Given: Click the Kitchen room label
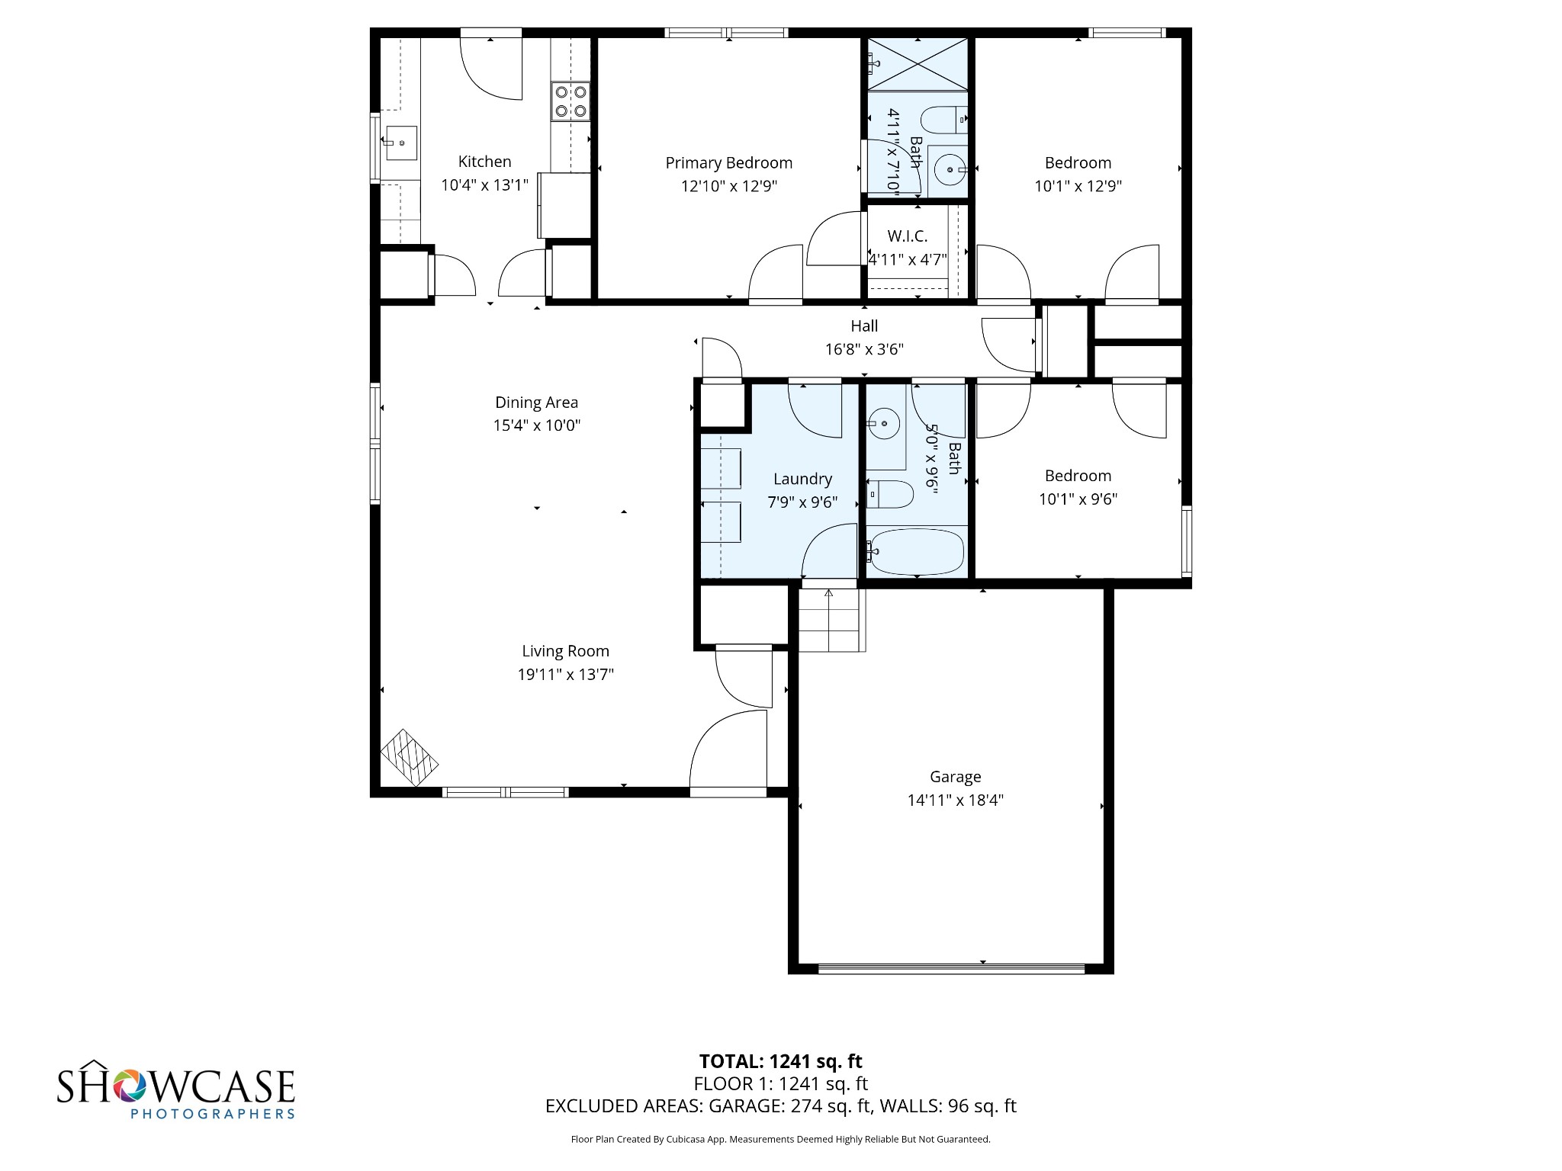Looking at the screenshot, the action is click(484, 162).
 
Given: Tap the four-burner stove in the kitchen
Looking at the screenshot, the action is click(571, 101).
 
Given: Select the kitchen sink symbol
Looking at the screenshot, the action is click(400, 143).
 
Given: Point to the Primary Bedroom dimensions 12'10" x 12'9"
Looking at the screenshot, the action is click(728, 186).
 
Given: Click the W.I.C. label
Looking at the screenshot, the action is click(907, 236).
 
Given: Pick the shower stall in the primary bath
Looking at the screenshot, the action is click(918, 64).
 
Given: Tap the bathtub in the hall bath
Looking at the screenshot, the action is click(916, 551).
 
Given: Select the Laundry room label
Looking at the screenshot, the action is click(802, 480).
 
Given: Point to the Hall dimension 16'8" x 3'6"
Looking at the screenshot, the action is click(864, 349).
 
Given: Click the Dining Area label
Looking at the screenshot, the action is click(536, 403).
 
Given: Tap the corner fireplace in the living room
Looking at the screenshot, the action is click(410, 758).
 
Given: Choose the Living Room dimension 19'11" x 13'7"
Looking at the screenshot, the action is click(565, 675).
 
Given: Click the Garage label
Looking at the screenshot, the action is click(955, 777).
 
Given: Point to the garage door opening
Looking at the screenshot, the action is click(951, 970).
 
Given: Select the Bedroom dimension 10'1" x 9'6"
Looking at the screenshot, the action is click(1078, 499).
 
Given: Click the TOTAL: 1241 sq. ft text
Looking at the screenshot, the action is click(780, 1061).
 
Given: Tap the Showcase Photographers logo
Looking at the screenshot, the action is click(176, 1089).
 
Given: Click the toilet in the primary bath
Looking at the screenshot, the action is click(943, 120).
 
